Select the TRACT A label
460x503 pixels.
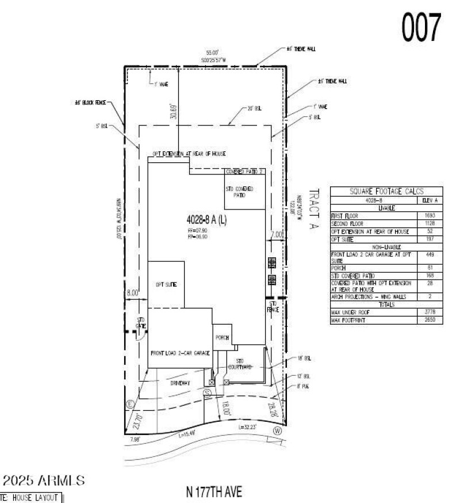[x=314, y=209]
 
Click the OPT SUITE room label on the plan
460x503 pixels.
[x=166, y=284]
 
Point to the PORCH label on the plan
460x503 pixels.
[x=223, y=338]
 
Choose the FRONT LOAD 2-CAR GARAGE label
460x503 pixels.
[x=179, y=353]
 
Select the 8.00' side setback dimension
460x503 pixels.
[x=133, y=292]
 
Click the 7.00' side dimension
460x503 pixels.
[x=277, y=235]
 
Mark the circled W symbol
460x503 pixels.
[x=278, y=430]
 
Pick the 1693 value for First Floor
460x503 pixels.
[x=430, y=215]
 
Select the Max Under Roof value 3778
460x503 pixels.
[x=430, y=312]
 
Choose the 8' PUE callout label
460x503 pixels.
[x=302, y=386]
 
